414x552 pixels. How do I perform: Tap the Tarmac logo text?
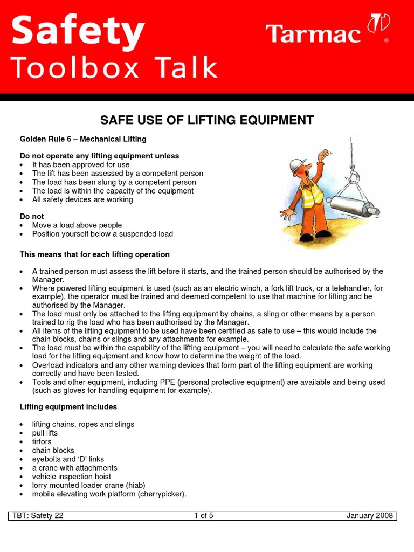313,34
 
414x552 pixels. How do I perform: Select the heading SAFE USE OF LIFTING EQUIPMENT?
207,120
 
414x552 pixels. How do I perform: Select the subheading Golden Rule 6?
83,139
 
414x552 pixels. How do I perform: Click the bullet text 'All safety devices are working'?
82,199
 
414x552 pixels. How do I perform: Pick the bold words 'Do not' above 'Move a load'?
32,217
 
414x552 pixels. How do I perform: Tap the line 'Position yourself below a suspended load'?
102,234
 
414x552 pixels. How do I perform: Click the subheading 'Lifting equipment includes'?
68,407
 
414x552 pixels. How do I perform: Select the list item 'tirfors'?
42,441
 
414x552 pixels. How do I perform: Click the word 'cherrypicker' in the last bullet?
162,494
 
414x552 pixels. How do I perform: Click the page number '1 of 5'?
204,515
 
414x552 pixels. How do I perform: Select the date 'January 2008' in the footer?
370,515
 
